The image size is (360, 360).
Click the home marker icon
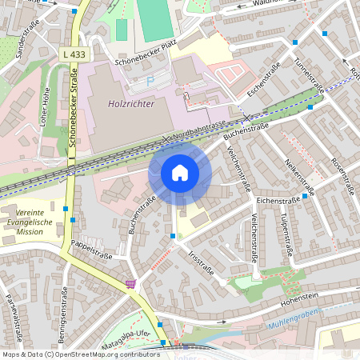(x=180, y=173)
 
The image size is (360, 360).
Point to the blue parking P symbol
(x=150, y=81)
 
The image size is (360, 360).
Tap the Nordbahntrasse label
(x=198, y=131)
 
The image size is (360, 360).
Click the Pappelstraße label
(x=90, y=250)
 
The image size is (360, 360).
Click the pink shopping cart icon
(x=130, y=283)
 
